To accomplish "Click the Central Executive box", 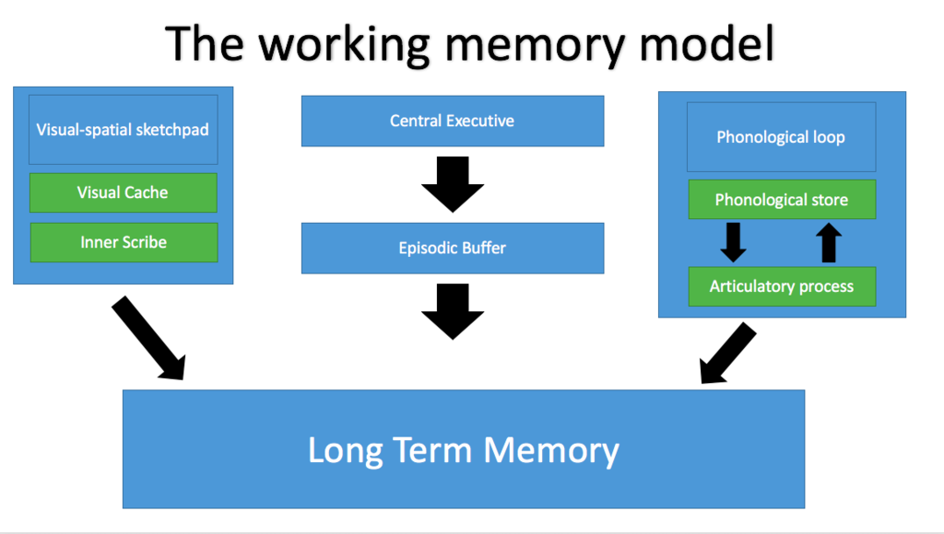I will (452, 122).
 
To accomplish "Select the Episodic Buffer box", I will (452, 249).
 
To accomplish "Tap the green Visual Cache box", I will (123, 193).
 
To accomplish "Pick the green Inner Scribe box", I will (123, 243).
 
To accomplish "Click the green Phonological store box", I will (781, 201).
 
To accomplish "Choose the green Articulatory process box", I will (781, 287).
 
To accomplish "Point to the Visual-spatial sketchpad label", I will (123, 130).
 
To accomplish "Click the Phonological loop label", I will (781, 138).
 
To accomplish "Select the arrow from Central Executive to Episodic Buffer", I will (452, 184).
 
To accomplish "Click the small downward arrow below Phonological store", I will (733, 242).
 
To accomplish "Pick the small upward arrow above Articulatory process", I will (829, 242).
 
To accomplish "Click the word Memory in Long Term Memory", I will (551, 451).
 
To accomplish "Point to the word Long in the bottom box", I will (347, 451).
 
